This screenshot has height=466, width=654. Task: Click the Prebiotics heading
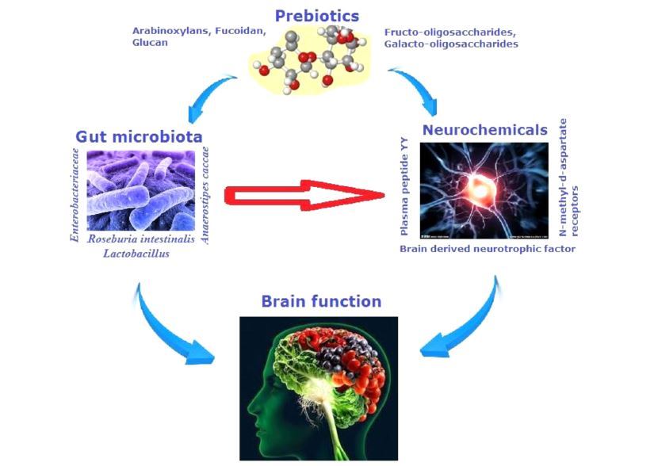tap(317, 16)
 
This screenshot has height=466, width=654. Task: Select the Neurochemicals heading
tap(484, 129)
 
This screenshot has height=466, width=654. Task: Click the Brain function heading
tap(321, 301)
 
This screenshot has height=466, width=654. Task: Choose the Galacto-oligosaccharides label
tap(451, 44)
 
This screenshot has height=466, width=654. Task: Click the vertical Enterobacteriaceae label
tap(75, 194)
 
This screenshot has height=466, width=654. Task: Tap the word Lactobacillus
tap(136, 253)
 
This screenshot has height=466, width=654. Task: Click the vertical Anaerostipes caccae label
tap(205, 194)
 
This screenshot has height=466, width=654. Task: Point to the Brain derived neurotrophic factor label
tap(488, 249)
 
